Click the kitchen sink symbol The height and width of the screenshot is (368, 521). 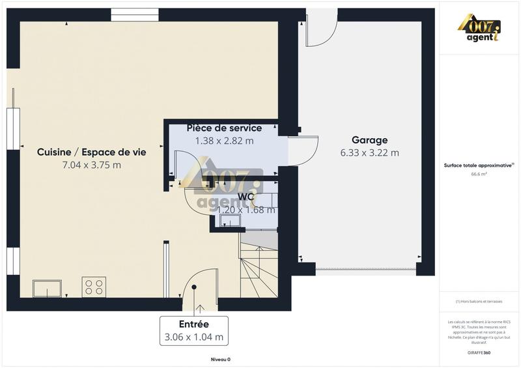click(47, 288)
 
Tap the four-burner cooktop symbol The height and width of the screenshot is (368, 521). click(94, 287)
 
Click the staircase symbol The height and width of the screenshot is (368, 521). click(259, 267)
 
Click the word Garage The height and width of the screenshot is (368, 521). click(369, 140)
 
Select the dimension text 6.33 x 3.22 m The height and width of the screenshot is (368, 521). click(369, 153)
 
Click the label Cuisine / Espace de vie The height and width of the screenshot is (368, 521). click(91, 152)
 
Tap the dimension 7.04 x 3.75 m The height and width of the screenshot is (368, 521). click(91, 165)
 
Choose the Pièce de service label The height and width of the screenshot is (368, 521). click(224, 128)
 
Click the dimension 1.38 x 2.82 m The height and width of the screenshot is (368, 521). click(224, 140)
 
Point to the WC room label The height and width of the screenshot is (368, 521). click(246, 197)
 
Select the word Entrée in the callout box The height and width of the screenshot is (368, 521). click(193, 324)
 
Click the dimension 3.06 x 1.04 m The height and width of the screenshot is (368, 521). click(193, 337)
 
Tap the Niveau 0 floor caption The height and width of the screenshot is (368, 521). click(220, 359)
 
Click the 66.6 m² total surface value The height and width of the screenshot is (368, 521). click(479, 174)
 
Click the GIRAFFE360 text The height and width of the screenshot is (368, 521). click(479, 352)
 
